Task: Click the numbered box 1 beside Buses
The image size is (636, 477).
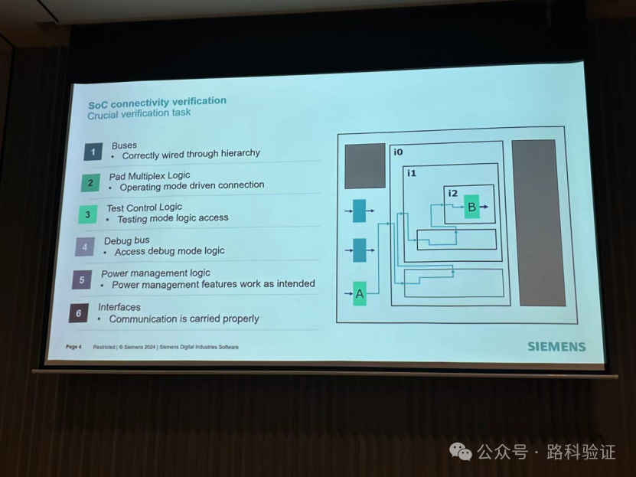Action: coord(93,152)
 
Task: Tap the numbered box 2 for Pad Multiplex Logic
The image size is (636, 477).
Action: coord(90,183)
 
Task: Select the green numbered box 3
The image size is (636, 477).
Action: coord(87,214)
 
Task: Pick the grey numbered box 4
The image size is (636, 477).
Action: coord(84,247)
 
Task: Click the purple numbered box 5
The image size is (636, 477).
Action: coord(82,279)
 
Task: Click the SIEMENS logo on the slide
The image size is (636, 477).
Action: coord(556,346)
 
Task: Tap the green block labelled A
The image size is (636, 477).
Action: coord(359,293)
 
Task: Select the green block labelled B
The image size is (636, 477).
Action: coord(471,207)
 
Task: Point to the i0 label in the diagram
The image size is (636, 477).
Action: coord(398,152)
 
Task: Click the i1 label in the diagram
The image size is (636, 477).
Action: coord(411,174)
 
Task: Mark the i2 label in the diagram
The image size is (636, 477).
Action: coord(452,193)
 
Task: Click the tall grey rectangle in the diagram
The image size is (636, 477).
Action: coord(538,222)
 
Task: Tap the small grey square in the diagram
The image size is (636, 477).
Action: coord(364,165)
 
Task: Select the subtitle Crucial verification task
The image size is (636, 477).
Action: coord(139,114)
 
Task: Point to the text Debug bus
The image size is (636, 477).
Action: coord(127,240)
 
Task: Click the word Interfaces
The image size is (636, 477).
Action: coord(119,307)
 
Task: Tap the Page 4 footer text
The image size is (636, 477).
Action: coord(73,347)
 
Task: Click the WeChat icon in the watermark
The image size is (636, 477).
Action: coord(461,452)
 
